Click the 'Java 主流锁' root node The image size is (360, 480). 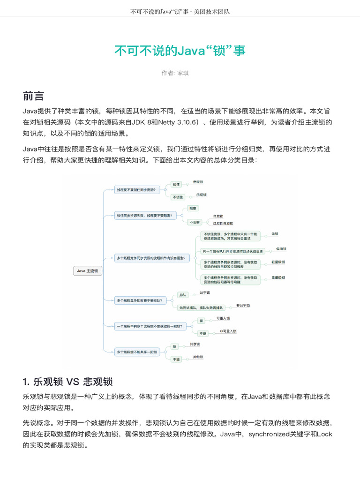click(x=88, y=270)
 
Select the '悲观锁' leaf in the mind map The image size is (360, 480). click(x=198, y=182)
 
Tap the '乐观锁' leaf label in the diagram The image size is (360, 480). click(x=201, y=195)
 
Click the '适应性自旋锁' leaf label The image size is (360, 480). click(x=223, y=224)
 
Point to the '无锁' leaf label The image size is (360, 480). click(x=275, y=234)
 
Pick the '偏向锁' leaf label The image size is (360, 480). click(x=281, y=249)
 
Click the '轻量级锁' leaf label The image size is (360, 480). click(x=278, y=262)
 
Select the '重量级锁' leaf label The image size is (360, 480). click(x=278, y=277)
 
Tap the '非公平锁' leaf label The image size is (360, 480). click(x=243, y=305)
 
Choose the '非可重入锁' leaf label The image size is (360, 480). click(x=228, y=331)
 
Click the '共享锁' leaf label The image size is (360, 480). click(x=195, y=344)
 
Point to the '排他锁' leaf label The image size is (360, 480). click(x=198, y=357)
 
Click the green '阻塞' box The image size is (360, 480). click(x=192, y=208)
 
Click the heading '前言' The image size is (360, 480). click(x=33, y=96)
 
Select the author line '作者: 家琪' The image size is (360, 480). click(x=175, y=73)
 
